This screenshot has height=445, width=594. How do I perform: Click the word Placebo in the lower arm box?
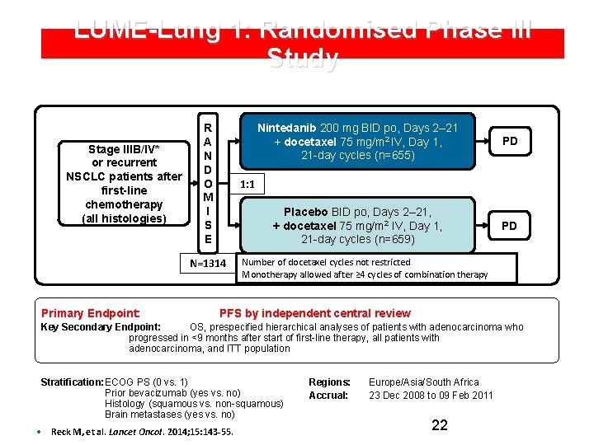pyautogui.click(x=308, y=212)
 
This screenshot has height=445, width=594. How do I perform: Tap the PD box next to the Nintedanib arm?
pyautogui.click(x=510, y=141)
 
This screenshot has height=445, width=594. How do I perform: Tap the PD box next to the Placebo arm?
pyautogui.click(x=510, y=225)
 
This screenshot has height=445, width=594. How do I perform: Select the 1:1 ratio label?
pyautogui.click(x=247, y=184)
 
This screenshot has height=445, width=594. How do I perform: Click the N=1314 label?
pyautogui.click(x=207, y=265)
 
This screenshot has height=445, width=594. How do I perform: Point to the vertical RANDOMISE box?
pyautogui.click(x=209, y=184)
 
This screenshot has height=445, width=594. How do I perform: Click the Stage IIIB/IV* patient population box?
pyautogui.click(x=124, y=184)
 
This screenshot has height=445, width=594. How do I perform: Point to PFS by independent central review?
pyautogui.click(x=314, y=313)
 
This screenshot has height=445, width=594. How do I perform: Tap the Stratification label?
pyautogui.click(x=72, y=382)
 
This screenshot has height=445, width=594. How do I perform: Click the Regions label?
pyautogui.click(x=329, y=382)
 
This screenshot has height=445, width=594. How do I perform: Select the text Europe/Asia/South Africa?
pyautogui.click(x=423, y=382)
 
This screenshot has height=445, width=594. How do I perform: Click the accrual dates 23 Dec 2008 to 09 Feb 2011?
pyautogui.click(x=431, y=396)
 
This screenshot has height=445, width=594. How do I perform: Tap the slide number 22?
pyautogui.click(x=440, y=425)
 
